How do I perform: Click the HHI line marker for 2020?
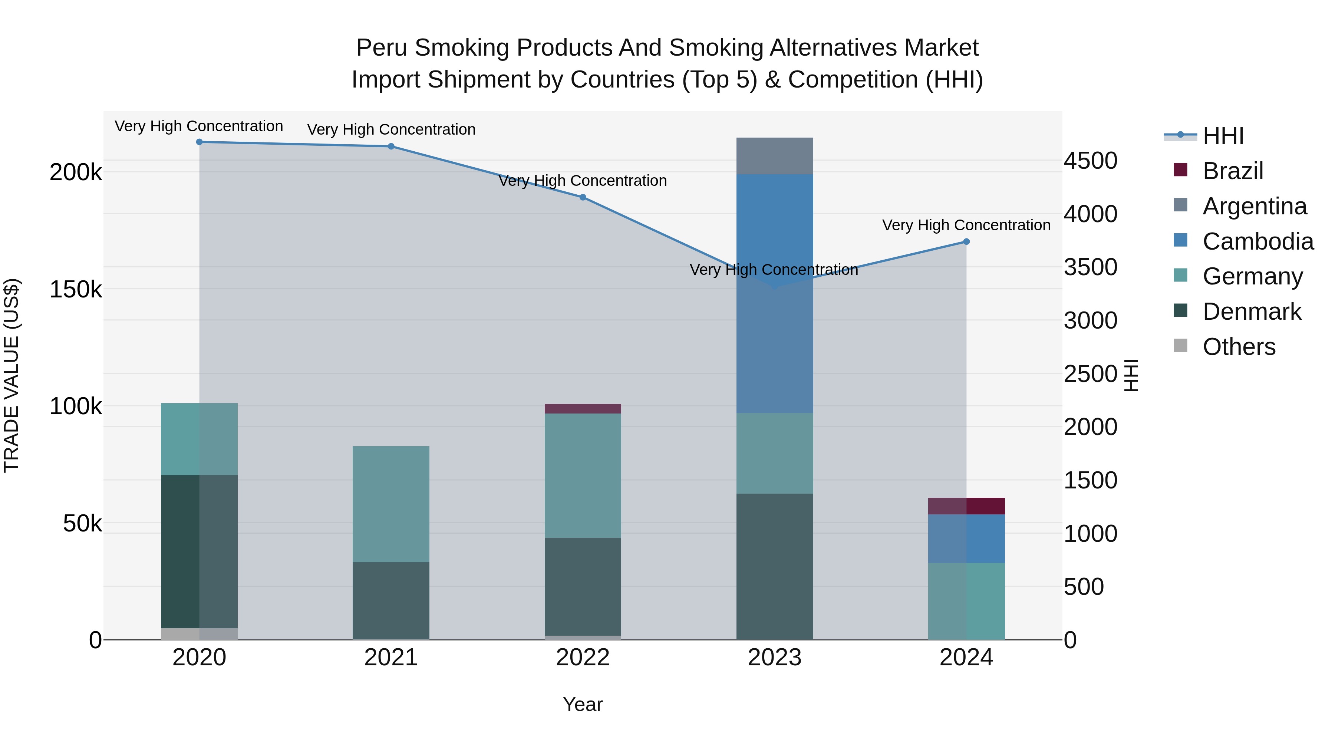click(x=199, y=142)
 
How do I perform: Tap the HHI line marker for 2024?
click(x=966, y=241)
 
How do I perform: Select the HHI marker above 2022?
click(x=583, y=197)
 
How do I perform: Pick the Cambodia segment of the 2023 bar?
click(x=774, y=293)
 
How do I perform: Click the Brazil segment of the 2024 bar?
click(x=966, y=506)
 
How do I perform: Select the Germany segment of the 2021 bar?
click(x=391, y=504)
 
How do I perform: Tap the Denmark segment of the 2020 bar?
click(x=199, y=551)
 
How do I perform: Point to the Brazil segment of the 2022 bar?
click(x=583, y=408)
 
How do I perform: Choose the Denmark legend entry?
click(x=1251, y=312)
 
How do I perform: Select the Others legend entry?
click(x=1239, y=347)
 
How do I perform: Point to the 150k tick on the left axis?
click(x=76, y=289)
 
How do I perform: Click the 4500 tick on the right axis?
click(x=1090, y=161)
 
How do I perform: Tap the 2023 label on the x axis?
click(x=774, y=658)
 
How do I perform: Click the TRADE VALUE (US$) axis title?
click(x=11, y=375)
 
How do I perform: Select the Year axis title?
click(x=583, y=704)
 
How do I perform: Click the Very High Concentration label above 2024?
click(x=966, y=225)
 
